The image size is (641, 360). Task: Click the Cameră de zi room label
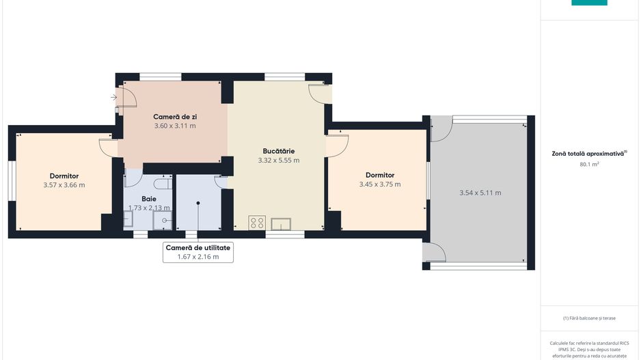pyautogui.click(x=175, y=117)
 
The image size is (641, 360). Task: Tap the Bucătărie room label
pyautogui.click(x=278, y=151)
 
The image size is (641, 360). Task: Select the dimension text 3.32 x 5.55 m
pyautogui.click(x=278, y=161)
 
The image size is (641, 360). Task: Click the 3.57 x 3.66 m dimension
pyautogui.click(x=64, y=185)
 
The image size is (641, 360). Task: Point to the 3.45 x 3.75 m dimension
pyautogui.click(x=380, y=184)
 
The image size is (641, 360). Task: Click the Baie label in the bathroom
pyautogui.click(x=149, y=199)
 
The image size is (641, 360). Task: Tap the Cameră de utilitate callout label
pyautogui.click(x=198, y=247)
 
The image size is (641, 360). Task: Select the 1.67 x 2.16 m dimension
pyautogui.click(x=198, y=257)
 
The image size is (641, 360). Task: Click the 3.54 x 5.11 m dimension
pyautogui.click(x=480, y=193)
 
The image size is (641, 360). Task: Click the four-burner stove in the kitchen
pyautogui.click(x=257, y=223)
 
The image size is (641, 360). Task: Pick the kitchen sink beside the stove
pyautogui.click(x=281, y=224)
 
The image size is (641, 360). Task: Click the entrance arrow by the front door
pyautogui.click(x=113, y=97)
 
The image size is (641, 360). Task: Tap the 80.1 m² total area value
pyautogui.click(x=589, y=164)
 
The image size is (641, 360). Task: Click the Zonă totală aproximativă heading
pyautogui.click(x=588, y=154)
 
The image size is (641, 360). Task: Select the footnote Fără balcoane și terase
pyautogui.click(x=589, y=318)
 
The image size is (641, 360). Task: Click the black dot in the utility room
pyautogui.click(x=198, y=203)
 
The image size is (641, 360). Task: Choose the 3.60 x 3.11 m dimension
pyautogui.click(x=175, y=126)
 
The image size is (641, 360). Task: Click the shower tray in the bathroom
pyautogui.click(x=163, y=220)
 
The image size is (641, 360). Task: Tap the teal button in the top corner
pyautogui.click(x=589, y=3)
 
